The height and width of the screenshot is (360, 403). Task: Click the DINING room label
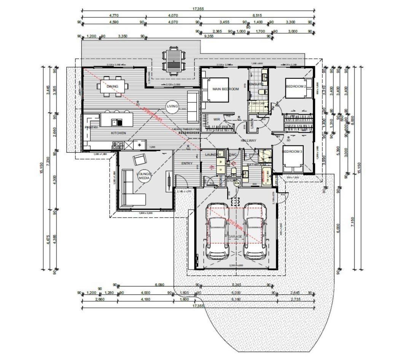[113, 86]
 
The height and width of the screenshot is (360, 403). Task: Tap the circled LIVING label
[172, 106]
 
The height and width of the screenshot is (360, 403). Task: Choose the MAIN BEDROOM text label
[226, 89]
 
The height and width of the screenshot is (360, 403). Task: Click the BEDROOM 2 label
[296, 86]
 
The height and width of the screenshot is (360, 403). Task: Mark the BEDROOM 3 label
[292, 152]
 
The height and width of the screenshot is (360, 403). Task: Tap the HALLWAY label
[248, 141]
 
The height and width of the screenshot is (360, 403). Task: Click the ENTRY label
[187, 163]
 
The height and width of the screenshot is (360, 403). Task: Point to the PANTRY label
[91, 128]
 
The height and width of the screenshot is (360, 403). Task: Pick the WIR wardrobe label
[217, 119]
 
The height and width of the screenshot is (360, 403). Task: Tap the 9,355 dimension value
[209, 36]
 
